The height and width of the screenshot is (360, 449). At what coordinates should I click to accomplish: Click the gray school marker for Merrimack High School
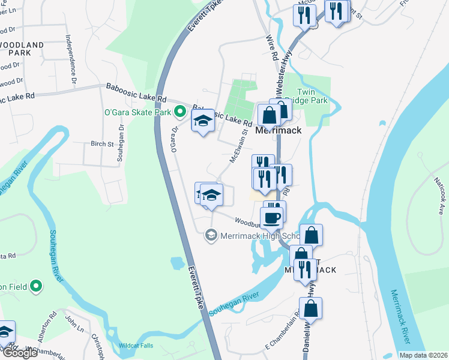(x=211, y=235)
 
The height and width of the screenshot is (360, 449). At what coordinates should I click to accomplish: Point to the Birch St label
(x=102, y=144)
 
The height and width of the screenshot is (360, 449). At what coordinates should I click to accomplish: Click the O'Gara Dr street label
(x=175, y=139)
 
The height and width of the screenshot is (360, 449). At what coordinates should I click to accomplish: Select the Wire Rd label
(x=271, y=49)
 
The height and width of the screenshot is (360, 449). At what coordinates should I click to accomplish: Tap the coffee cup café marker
(x=271, y=218)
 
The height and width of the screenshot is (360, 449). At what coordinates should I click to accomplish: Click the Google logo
(x=19, y=353)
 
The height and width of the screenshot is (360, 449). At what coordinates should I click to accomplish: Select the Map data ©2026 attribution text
(x=423, y=355)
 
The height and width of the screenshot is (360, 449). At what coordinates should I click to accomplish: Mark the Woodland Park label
(x=22, y=49)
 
